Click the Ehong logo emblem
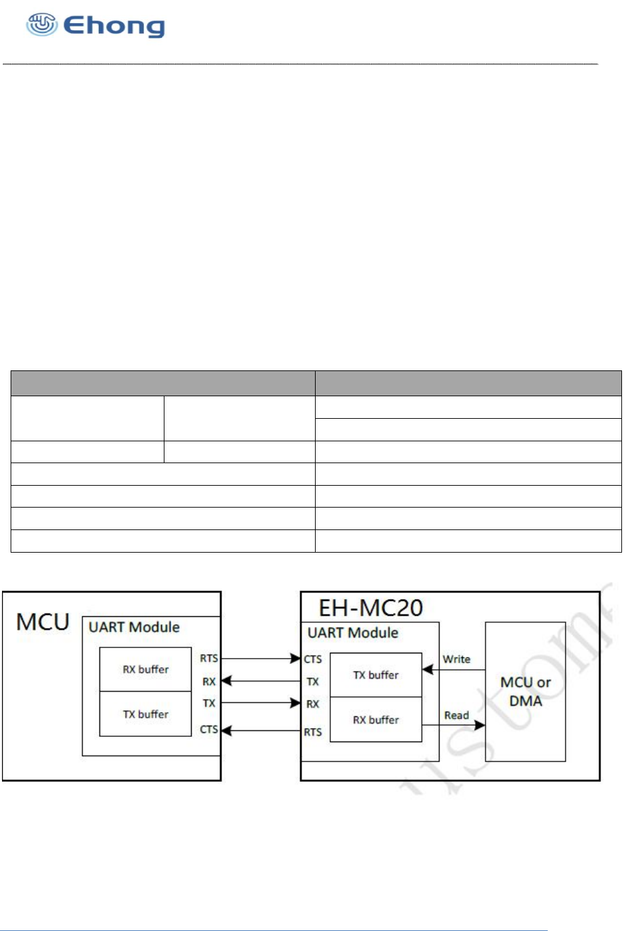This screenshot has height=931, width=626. pos(41,25)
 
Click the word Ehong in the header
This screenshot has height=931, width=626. pos(114,26)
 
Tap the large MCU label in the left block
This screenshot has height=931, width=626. pos(42,622)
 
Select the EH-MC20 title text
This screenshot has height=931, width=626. pos(371,608)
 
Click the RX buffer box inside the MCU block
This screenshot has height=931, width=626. pos(145,669)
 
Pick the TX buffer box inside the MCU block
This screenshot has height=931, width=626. pos(145,714)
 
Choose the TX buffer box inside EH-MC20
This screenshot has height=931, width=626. pos(375,675)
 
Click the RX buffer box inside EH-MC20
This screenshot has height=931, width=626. pos(375,720)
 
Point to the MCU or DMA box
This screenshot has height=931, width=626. pos(525,691)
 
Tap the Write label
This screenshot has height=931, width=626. pos(456,659)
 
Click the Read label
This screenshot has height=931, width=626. pos(456,716)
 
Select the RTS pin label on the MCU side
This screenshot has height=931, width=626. pos(209,658)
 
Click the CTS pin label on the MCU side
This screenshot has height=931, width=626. pos(209,730)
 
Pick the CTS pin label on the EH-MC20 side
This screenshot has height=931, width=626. pos(313,659)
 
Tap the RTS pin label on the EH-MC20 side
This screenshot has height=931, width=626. pos(313,732)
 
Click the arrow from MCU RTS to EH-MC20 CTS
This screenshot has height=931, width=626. pos(261,659)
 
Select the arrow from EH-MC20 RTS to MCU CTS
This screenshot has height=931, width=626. pos(261,730)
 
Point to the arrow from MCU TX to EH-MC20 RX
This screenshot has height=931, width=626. pos(261,702)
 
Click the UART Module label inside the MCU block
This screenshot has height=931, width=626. pos(134,627)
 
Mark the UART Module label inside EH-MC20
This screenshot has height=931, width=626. pos(353,633)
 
